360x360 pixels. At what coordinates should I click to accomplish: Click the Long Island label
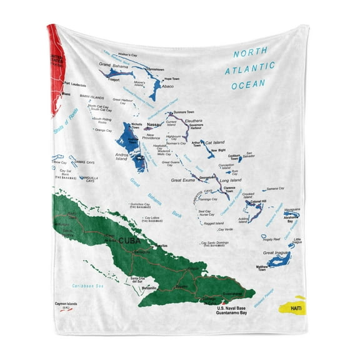click(x=231, y=180)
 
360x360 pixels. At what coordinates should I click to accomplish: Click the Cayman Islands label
click(x=68, y=304)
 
